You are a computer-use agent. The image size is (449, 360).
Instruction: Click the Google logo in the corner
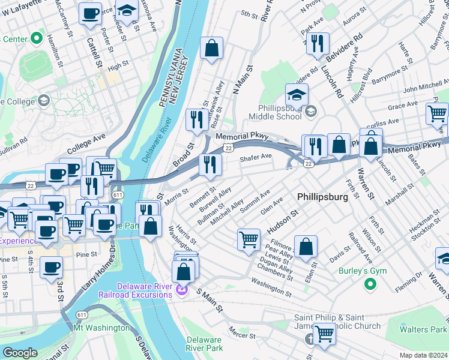tap(20, 353)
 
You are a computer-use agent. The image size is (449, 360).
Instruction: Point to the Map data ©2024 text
tap(423, 355)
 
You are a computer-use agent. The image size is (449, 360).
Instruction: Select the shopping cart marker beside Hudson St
tap(249, 240)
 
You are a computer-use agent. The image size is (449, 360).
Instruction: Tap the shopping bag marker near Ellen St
tap(306, 247)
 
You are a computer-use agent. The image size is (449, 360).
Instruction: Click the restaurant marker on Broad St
tap(196, 119)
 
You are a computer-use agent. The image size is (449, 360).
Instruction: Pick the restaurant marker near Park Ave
tap(317, 43)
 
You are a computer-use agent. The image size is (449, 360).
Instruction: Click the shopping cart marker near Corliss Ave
tap(437, 112)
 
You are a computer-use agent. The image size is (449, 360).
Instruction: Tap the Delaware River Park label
tap(204, 344)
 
